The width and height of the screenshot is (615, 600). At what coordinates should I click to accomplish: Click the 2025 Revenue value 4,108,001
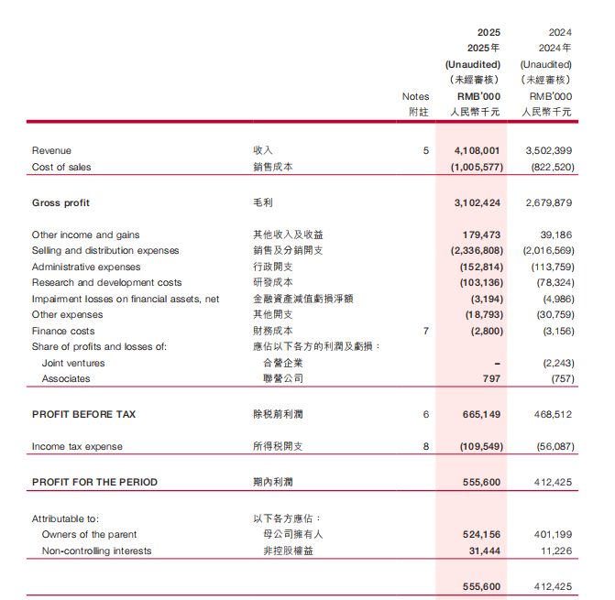[x=477, y=150]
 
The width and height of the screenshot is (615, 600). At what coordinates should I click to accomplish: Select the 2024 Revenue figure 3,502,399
[x=549, y=150]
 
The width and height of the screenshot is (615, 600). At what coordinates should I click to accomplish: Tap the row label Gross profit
[x=60, y=203]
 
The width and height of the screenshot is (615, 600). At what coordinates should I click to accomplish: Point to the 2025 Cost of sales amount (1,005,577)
[x=476, y=167]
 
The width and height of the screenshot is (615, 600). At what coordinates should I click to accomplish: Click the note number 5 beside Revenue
[x=425, y=150]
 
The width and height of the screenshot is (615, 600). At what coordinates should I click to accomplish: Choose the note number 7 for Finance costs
[x=425, y=331]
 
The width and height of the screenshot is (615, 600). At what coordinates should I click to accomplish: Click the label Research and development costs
[x=106, y=283]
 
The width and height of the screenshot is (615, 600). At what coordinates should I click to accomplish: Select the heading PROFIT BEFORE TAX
[x=83, y=415]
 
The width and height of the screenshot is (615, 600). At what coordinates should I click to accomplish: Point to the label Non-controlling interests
[x=96, y=551]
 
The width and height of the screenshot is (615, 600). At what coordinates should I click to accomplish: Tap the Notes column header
[x=415, y=96]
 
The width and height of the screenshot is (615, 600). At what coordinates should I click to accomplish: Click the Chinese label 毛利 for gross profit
[x=263, y=203]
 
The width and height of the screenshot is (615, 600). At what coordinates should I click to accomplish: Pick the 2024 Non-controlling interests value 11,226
[x=556, y=551]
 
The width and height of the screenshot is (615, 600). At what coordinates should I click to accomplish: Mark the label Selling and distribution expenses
[x=105, y=251]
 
